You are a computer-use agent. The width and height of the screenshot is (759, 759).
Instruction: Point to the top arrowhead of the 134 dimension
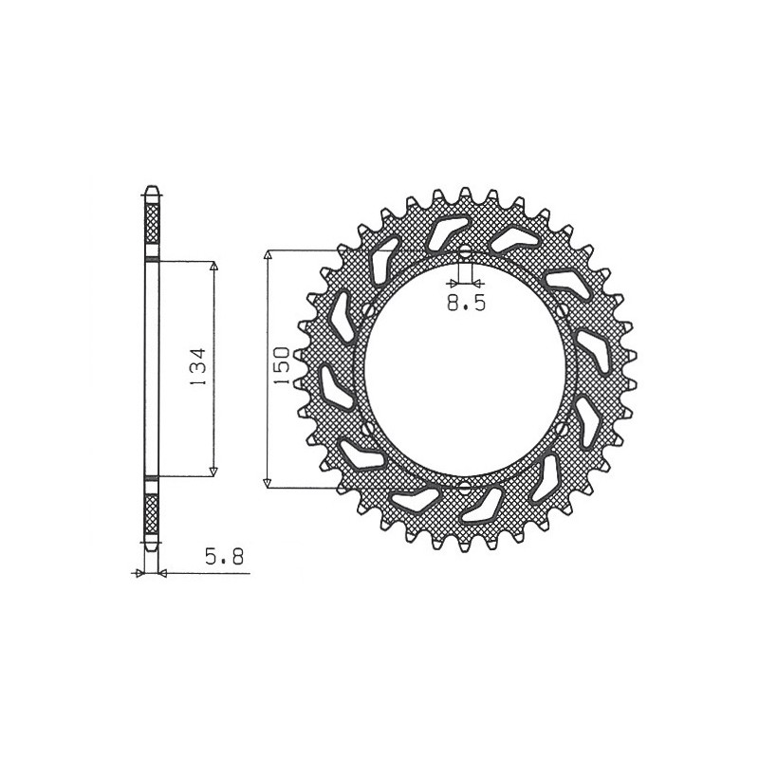pyautogui.click(x=213, y=267)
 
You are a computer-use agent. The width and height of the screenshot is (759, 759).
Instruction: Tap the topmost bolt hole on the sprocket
pyautogui.click(x=465, y=253)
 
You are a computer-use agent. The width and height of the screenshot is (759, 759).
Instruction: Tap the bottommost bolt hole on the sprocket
pyautogui.click(x=465, y=487)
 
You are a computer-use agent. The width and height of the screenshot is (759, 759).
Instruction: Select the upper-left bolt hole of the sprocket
pyautogui.click(x=367, y=309)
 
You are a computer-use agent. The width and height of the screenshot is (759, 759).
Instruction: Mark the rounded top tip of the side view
pyautogui.click(x=151, y=187)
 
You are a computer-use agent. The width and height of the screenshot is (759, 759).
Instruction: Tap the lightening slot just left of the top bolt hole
pyautogui.click(x=442, y=231)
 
